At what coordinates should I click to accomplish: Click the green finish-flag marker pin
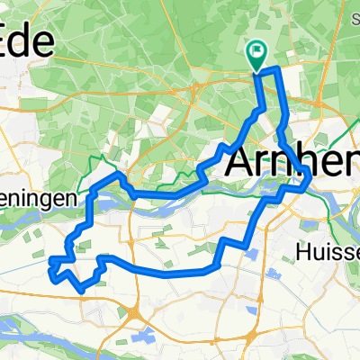pos(256,53)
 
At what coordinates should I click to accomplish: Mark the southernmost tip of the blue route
pos(84,291)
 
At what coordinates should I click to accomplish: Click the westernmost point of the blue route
pos(51,262)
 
